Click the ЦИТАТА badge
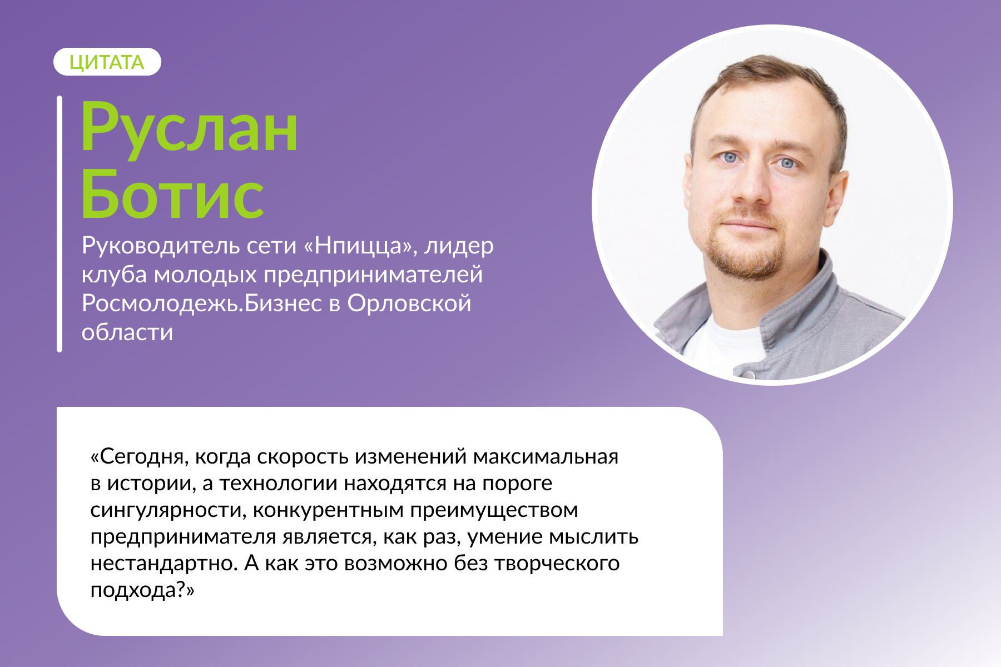(x=107, y=62)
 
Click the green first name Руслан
(x=190, y=130)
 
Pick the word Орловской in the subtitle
(x=409, y=303)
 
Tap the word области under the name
(x=127, y=332)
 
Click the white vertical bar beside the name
(x=60, y=224)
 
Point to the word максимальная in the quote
(x=546, y=457)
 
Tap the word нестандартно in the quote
(x=164, y=564)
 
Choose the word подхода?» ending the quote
(x=142, y=590)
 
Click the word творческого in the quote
(x=557, y=564)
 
